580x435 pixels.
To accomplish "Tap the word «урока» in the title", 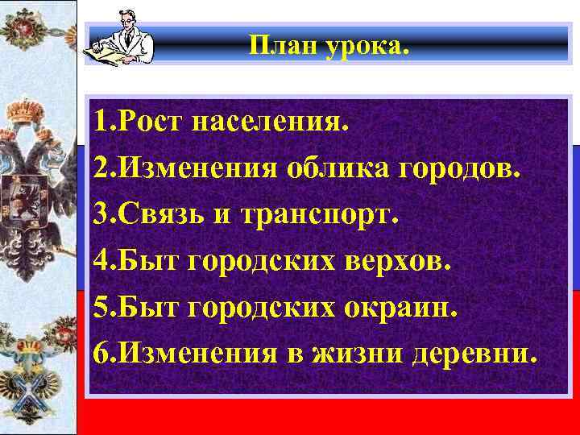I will (369, 46).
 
